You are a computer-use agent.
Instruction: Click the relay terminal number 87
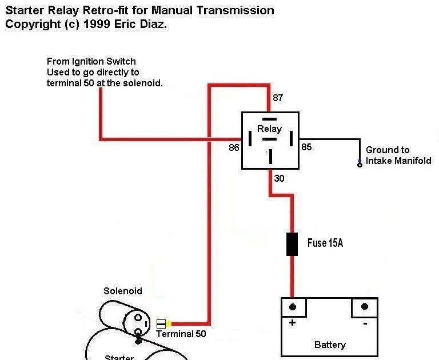[x=278, y=98]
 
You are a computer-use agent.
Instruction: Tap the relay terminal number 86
[x=233, y=147]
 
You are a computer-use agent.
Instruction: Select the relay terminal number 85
[x=307, y=147]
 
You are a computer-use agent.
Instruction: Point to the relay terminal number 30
[x=280, y=178]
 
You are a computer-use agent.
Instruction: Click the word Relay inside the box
[x=269, y=129]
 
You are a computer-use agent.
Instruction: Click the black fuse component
[x=292, y=244]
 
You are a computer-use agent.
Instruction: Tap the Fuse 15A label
[x=325, y=243]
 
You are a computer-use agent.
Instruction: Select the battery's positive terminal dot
[x=293, y=307]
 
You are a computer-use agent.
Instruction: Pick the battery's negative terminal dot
[x=364, y=307]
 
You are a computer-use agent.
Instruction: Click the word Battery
[x=330, y=345]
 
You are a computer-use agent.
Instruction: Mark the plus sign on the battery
[x=293, y=323]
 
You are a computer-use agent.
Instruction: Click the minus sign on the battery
[x=365, y=323]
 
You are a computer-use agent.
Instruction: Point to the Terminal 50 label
[x=181, y=334]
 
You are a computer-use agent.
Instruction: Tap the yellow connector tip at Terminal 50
[x=169, y=323]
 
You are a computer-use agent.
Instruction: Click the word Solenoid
[x=123, y=291]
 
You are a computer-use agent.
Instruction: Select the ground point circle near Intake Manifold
[x=360, y=165]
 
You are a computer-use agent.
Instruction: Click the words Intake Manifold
[x=398, y=161]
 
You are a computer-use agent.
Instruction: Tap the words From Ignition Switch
[x=91, y=61]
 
